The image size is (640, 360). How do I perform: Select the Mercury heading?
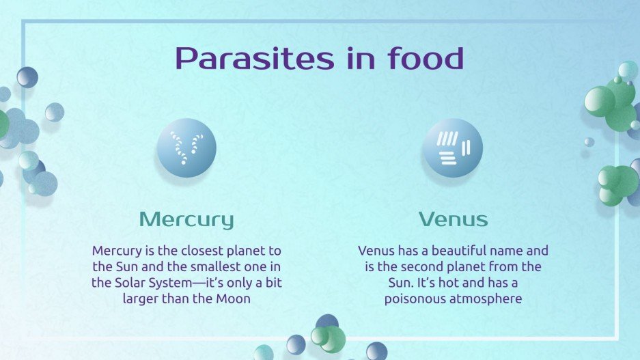coord(186,219)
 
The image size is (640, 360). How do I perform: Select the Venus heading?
coord(453,219)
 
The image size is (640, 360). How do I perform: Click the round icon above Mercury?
coord(186,148)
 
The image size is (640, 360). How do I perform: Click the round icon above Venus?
coord(453,148)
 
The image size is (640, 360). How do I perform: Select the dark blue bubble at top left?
coord(27,77)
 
